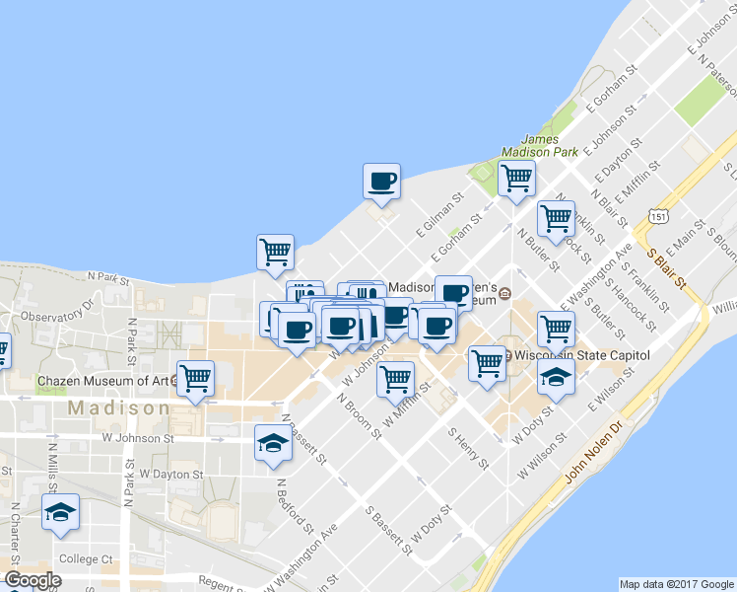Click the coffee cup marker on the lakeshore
[381, 182]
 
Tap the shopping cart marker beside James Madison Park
[516, 180]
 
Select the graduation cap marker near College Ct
[61, 513]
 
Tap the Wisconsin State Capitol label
[582, 354]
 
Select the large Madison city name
[118, 407]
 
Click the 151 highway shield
[659, 216]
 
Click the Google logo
[33, 580]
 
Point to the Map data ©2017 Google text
[676, 583]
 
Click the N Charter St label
[15, 531]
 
